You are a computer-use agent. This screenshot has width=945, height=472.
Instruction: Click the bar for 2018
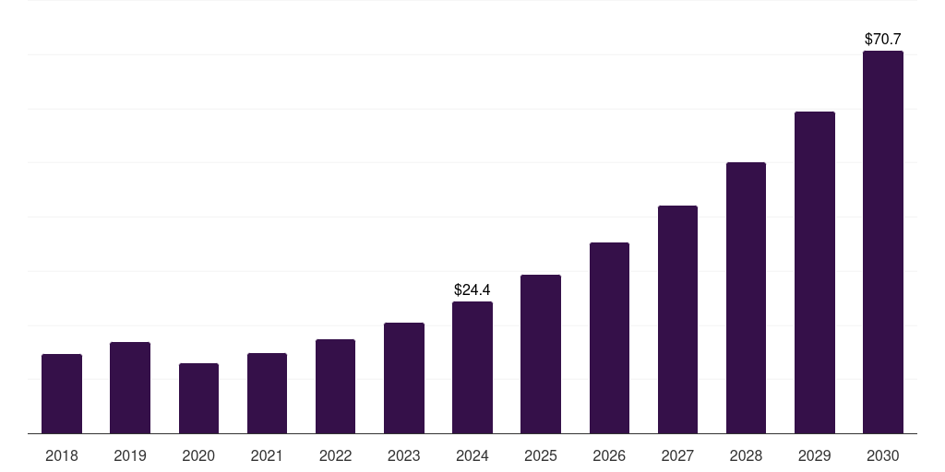[x=62, y=394]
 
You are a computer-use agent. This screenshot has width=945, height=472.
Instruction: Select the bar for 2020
[x=198, y=398]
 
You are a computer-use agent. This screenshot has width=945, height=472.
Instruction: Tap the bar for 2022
[x=335, y=386]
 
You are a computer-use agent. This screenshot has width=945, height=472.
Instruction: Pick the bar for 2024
[x=472, y=367]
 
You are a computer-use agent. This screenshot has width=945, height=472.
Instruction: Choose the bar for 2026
[x=609, y=337]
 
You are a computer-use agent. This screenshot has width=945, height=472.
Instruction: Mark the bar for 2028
[x=746, y=298]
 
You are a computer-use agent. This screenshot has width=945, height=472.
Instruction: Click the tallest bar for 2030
[x=883, y=242]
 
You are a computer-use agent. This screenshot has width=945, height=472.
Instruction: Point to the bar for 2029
[x=815, y=272]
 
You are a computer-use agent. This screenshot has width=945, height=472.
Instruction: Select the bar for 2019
[x=130, y=387]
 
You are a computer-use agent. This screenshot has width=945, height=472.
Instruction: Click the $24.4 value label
[x=472, y=289]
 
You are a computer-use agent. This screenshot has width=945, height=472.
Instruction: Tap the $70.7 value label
[x=883, y=39]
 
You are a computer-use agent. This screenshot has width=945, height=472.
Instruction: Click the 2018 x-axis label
[x=62, y=455]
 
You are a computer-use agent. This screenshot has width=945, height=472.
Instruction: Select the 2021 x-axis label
[x=267, y=455]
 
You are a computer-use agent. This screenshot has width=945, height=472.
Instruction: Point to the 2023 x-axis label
[x=404, y=455]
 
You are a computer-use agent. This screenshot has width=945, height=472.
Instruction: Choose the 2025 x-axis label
[x=541, y=455]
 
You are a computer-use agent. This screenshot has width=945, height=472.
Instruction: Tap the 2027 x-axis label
[x=677, y=455]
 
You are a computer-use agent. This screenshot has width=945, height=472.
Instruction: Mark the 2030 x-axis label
[x=883, y=455]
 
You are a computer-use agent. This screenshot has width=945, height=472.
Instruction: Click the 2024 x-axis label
[x=472, y=455]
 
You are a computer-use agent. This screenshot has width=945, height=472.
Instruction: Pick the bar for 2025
[x=541, y=354]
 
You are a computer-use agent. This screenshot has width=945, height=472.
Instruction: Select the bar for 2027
[x=677, y=319]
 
